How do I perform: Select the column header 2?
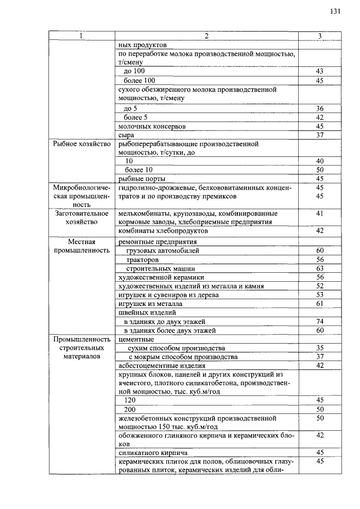pyautogui.click(x=206, y=36)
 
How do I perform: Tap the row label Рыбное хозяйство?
pyautogui.click(x=79, y=143)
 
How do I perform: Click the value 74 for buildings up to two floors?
pyautogui.click(x=319, y=321)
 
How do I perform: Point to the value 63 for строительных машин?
pyautogui.click(x=319, y=268)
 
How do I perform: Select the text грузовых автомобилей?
pyautogui.click(x=163, y=250)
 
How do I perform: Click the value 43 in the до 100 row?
pyautogui.click(x=319, y=72)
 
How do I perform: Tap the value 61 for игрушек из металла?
pyautogui.click(x=319, y=304)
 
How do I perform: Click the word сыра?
pyautogui.click(x=126, y=135)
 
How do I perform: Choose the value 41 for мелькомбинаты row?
pyautogui.click(x=319, y=214)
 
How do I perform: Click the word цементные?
pyautogui.click(x=136, y=339)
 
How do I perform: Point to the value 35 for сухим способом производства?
pyautogui.click(x=319, y=348)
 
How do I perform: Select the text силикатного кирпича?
pyautogui.click(x=152, y=452)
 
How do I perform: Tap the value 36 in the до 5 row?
pyautogui.click(x=319, y=108)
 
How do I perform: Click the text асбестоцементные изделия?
pyautogui.click(x=159, y=366)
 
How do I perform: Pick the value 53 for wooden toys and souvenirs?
pyautogui.click(x=319, y=295)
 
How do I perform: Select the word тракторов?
pyautogui.click(x=142, y=259)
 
